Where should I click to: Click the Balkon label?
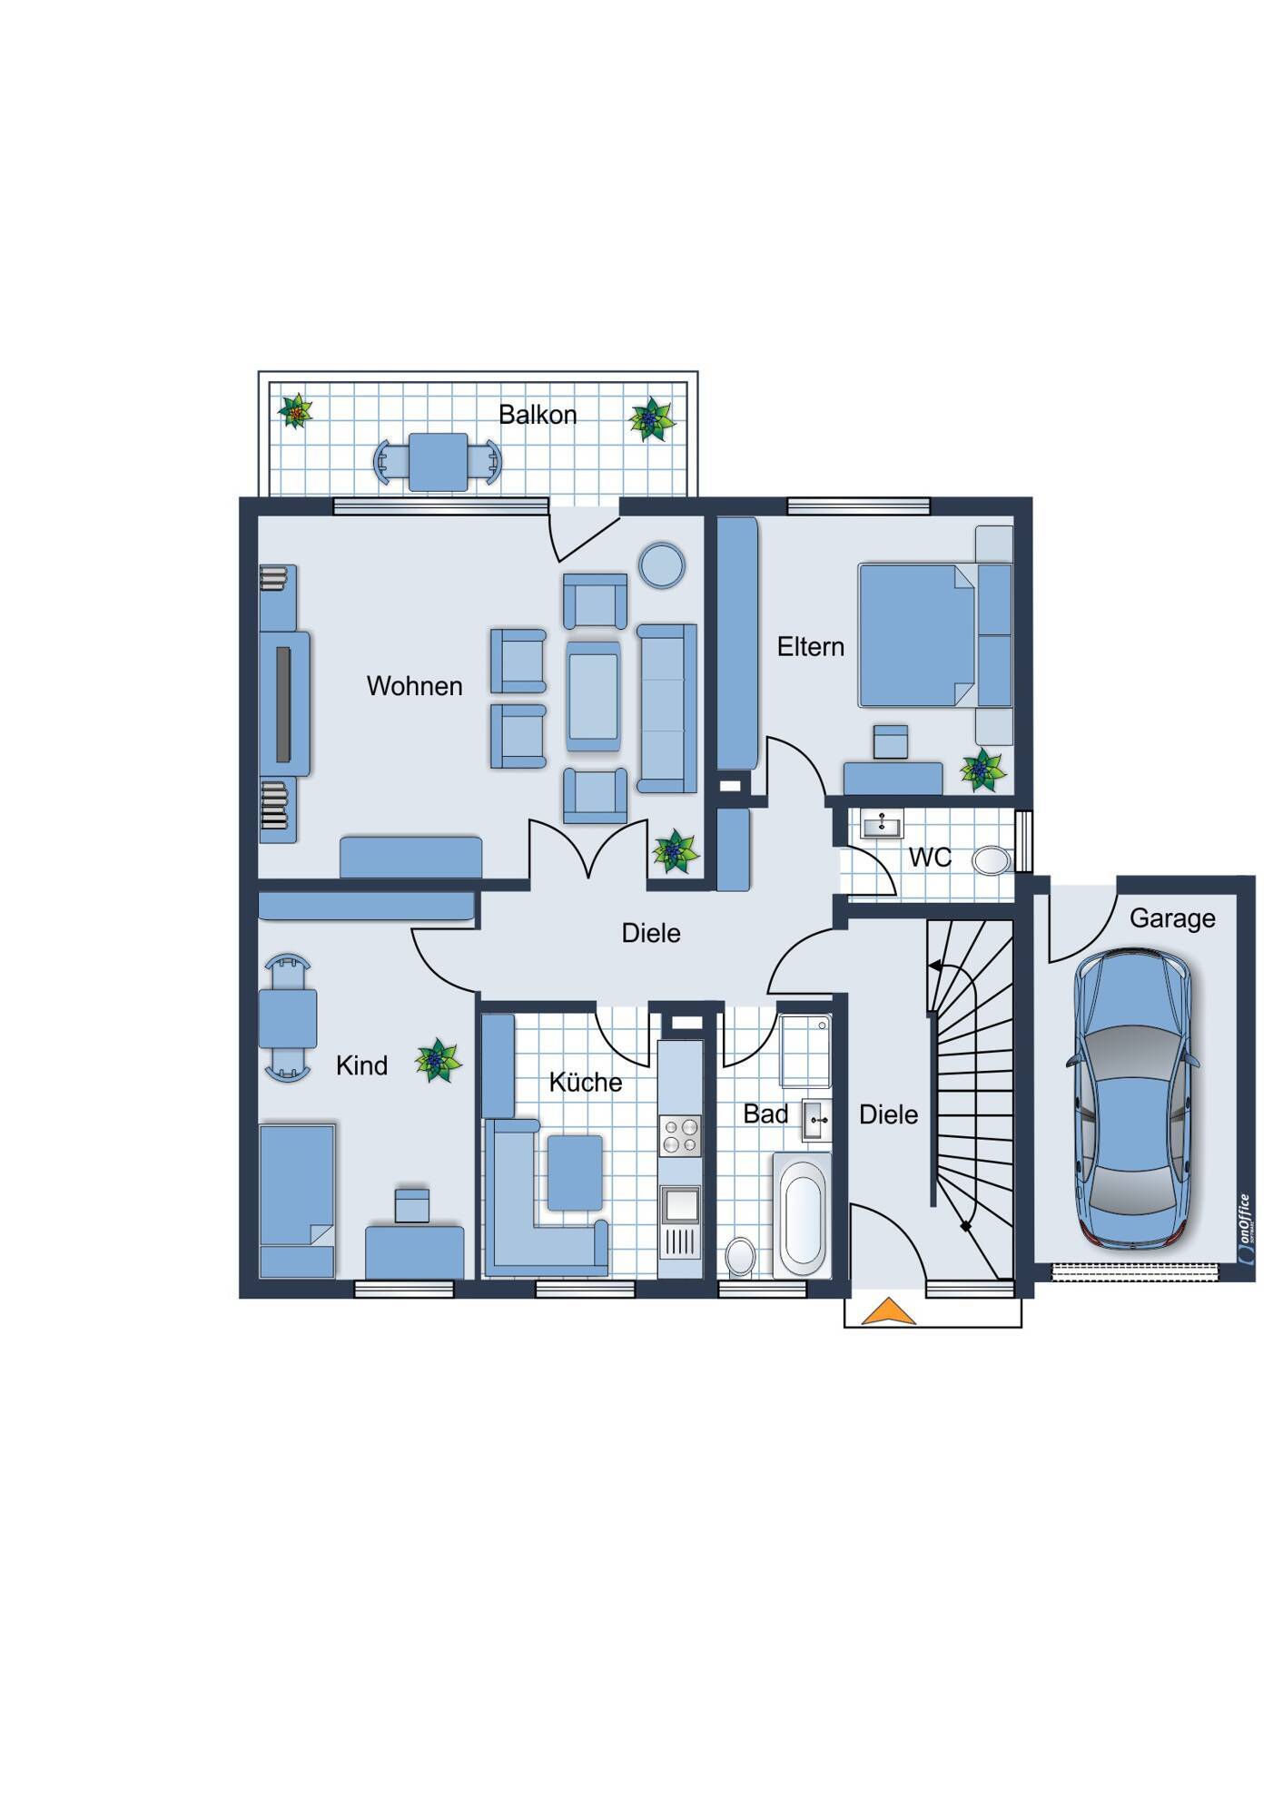point(538,415)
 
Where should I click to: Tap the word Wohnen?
point(414,686)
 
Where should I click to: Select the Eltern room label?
point(811,647)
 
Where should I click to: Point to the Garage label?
point(1172,918)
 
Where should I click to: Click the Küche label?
point(586,1082)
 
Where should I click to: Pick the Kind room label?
point(361,1065)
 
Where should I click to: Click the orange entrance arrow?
point(888,1312)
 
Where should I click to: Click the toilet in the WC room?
point(992,860)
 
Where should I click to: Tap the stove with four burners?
point(680,1135)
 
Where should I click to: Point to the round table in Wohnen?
point(662,565)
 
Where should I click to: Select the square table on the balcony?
point(438,462)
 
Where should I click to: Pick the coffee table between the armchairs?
point(594,697)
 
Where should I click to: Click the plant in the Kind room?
point(439,1061)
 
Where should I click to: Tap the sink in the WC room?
point(882,825)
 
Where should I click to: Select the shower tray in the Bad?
point(805,1051)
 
